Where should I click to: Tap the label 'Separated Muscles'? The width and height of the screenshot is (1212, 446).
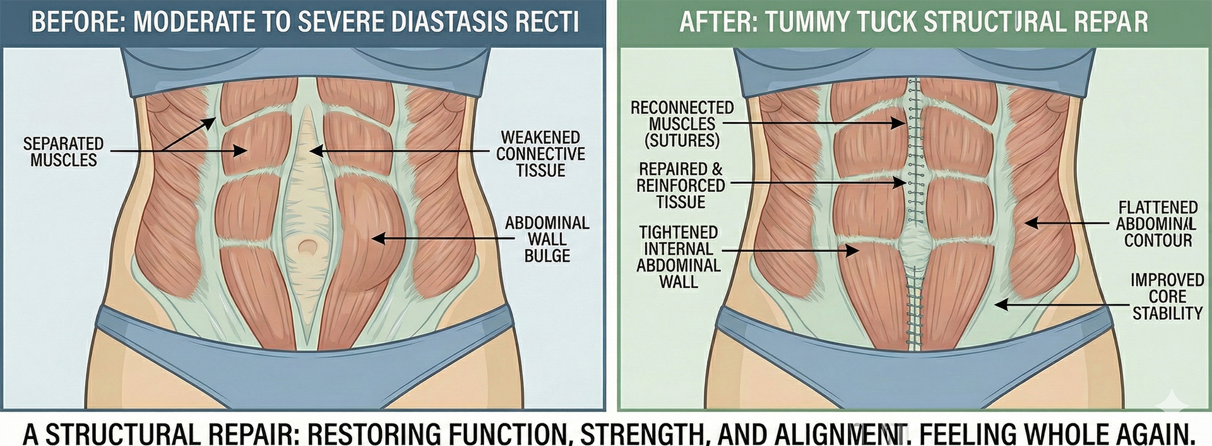63,152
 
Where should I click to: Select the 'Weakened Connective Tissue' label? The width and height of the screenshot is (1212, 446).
540,154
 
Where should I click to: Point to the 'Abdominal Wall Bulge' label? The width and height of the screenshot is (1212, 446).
547,239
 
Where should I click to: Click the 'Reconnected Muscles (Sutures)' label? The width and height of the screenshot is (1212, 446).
682,124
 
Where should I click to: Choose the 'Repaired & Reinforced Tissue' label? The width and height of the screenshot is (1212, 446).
680,186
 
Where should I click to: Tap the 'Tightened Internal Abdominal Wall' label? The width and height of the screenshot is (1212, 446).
679,257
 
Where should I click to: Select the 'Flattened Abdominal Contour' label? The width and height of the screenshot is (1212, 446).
1158,224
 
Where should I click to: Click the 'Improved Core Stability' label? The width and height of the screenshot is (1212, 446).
1167,296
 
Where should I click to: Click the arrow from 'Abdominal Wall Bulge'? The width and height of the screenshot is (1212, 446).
442,239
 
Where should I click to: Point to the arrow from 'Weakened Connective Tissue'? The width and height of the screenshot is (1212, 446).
398,152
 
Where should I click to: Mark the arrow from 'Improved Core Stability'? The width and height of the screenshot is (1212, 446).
1060,305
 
